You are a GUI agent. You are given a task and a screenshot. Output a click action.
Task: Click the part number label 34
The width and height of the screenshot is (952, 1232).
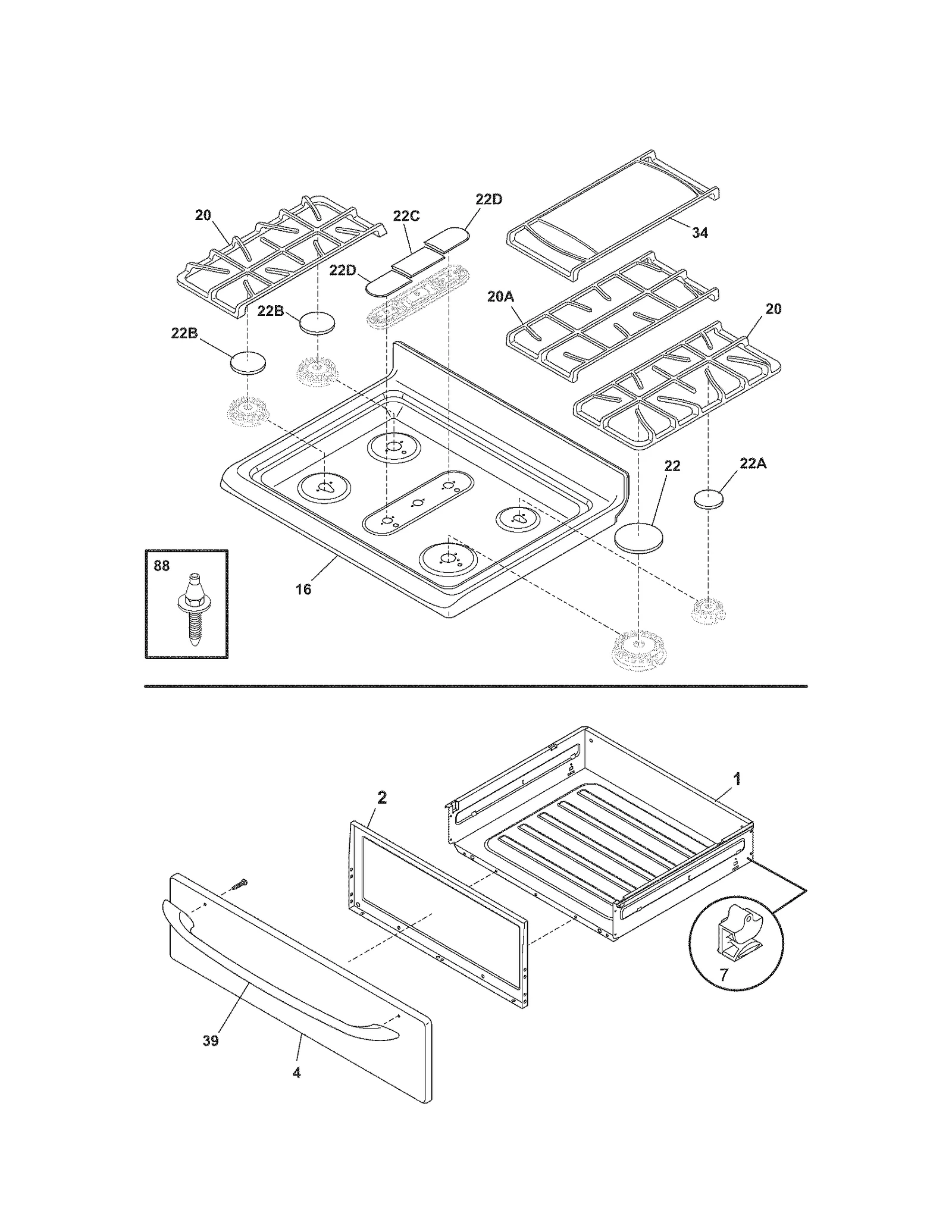[700, 233]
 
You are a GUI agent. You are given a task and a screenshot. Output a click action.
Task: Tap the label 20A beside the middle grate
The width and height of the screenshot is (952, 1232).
[500, 296]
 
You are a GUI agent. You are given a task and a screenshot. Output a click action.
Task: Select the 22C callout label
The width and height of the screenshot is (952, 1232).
[406, 216]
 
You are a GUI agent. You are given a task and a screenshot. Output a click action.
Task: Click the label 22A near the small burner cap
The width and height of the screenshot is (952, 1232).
[753, 463]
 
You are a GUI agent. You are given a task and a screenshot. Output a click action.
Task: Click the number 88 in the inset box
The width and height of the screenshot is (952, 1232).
[162, 566]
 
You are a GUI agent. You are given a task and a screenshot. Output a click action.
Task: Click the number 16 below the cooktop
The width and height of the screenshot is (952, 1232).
[303, 589]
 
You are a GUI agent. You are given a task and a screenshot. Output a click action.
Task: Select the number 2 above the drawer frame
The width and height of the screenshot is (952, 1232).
[382, 798]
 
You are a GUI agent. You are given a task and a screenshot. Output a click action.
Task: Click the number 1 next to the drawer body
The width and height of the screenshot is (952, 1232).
[737, 779]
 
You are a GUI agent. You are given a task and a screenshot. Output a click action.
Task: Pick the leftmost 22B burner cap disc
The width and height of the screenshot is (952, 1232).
[248, 362]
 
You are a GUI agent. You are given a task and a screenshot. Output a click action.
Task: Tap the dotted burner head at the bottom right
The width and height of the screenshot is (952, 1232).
[637, 650]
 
